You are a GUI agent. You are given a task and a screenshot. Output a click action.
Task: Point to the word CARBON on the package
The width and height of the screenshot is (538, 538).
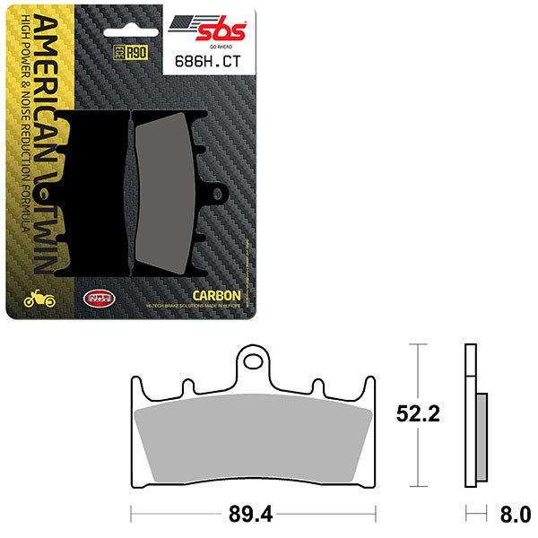click(x=217, y=294)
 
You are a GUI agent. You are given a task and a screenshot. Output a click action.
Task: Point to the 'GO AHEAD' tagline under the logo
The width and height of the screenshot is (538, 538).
click(x=222, y=41)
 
